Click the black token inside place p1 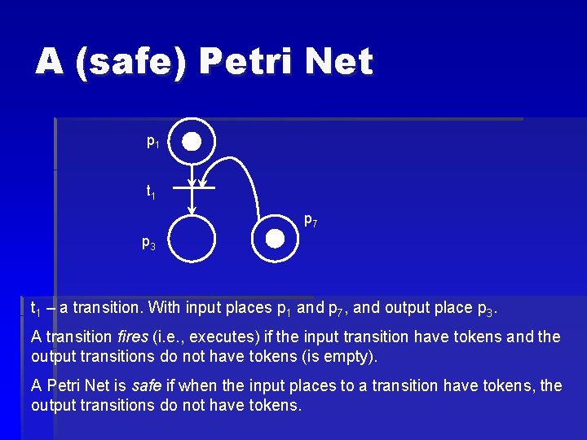[191, 142]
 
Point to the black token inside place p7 [276, 238]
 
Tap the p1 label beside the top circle [152, 142]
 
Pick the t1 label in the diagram [151, 192]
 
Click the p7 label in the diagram [311, 219]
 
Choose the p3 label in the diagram [148, 242]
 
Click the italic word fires [132, 337]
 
